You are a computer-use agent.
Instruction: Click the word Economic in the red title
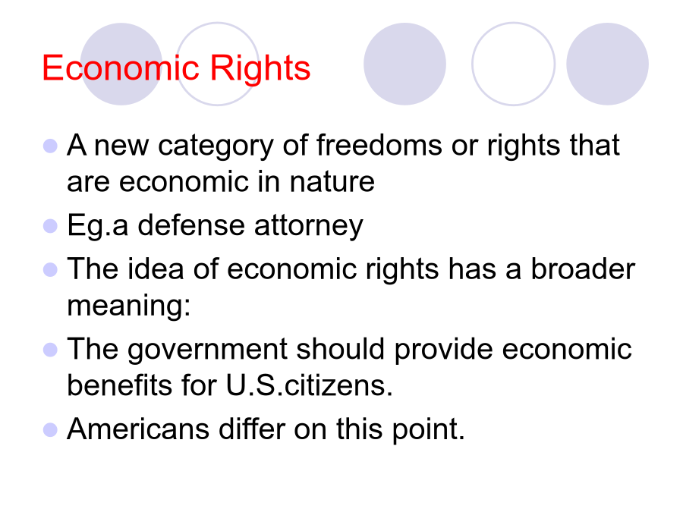tap(121, 68)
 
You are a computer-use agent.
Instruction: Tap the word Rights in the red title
tap(260, 70)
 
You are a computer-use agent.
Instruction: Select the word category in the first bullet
tap(216, 146)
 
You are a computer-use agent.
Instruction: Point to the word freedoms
tap(379, 145)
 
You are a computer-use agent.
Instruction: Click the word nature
tap(332, 182)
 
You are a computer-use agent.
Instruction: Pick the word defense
tap(191, 225)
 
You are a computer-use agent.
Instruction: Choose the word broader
tap(583, 269)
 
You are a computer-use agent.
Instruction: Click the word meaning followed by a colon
tap(129, 306)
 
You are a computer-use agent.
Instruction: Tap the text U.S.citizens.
tap(310, 385)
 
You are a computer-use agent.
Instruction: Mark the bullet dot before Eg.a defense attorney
tap(51, 226)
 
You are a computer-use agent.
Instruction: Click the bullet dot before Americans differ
tap(51, 430)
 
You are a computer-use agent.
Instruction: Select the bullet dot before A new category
tap(51, 146)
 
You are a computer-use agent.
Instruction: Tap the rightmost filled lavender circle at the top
tap(607, 64)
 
